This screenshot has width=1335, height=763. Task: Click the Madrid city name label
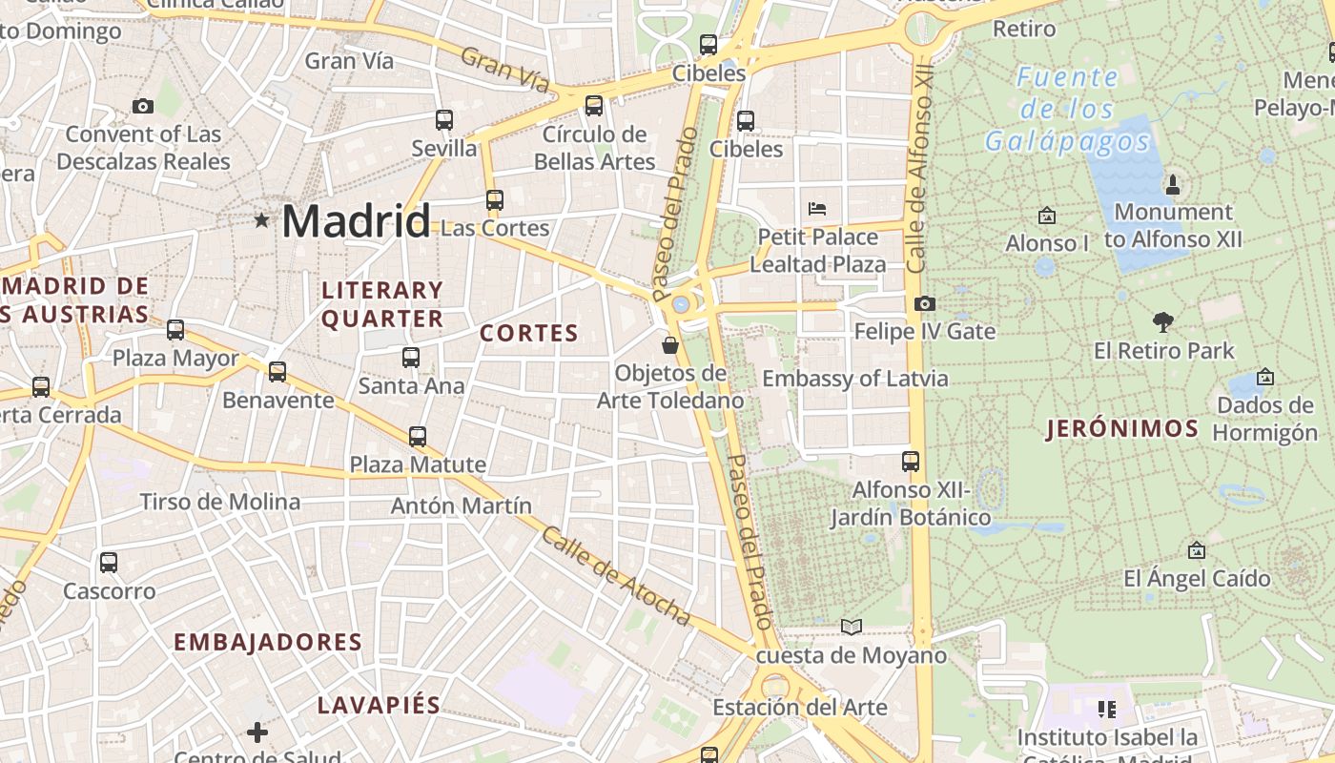(x=356, y=221)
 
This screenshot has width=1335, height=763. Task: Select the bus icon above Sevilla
(x=444, y=120)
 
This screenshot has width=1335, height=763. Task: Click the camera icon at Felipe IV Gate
(x=924, y=303)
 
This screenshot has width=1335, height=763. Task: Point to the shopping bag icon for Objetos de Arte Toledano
(x=670, y=345)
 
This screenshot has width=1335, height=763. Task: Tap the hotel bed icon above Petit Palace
(x=817, y=208)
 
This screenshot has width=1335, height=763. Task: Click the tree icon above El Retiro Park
(x=1162, y=322)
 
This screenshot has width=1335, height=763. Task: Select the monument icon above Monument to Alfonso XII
(x=1173, y=183)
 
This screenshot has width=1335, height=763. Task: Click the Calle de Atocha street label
(x=615, y=575)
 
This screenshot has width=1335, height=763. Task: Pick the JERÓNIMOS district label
(x=1121, y=429)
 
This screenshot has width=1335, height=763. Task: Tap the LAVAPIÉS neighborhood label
(x=379, y=706)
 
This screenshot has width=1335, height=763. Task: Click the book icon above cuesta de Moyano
(x=852, y=627)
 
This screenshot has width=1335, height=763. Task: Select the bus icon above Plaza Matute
(x=418, y=437)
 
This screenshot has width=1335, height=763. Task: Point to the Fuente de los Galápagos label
(x=1067, y=109)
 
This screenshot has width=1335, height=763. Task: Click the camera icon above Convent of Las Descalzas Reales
(x=143, y=106)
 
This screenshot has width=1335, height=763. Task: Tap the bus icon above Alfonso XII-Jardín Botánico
(x=911, y=462)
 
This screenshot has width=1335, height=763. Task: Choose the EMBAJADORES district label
(x=268, y=642)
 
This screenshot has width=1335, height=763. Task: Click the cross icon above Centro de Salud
(x=257, y=732)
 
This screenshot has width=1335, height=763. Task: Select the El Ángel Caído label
(x=1197, y=578)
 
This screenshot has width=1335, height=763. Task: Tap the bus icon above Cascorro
(x=109, y=563)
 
